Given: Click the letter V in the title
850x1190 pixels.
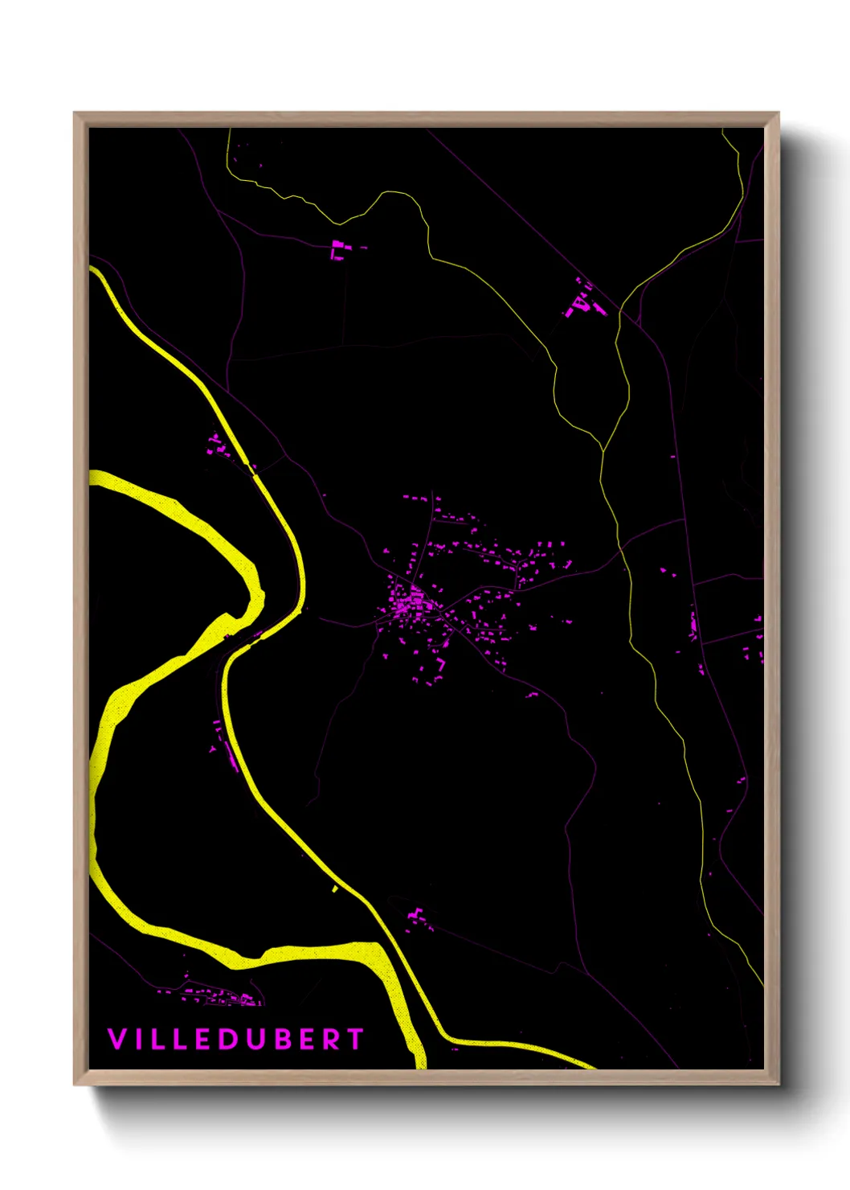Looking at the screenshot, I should [116, 1039].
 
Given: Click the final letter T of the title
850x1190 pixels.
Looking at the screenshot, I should [355, 1039].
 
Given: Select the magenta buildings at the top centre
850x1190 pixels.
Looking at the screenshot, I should [338, 250].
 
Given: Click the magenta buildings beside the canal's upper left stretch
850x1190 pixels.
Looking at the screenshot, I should [217, 445].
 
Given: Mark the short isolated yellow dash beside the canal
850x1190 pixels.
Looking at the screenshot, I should [335, 888].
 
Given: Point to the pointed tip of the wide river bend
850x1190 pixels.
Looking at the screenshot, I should [260, 595].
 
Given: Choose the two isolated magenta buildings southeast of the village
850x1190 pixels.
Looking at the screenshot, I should [531, 694].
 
